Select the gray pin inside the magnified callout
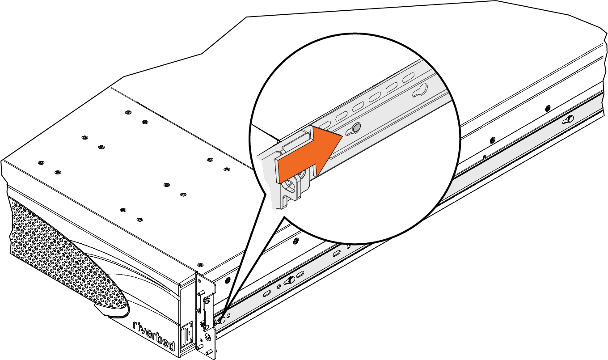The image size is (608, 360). click(357, 127)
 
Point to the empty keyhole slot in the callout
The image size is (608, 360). click(420, 91)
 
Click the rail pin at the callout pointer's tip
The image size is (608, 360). click(222, 320)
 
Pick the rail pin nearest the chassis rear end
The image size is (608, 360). click(570, 119)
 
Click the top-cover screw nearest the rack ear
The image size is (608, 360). click(200, 265)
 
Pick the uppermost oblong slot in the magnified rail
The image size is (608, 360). click(408, 78)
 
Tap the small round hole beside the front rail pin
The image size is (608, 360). click(228, 315)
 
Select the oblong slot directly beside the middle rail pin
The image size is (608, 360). click(300, 274)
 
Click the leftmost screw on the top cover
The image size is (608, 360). click(41, 163)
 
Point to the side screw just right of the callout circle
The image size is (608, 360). click(492, 140)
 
